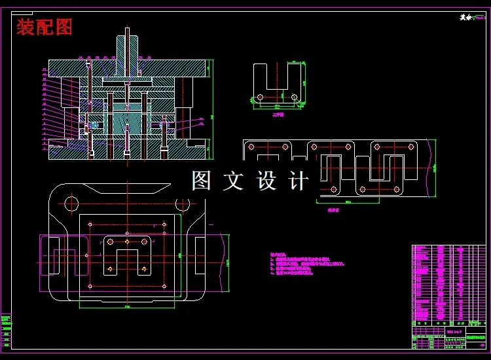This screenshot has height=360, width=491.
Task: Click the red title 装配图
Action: click(x=45, y=27)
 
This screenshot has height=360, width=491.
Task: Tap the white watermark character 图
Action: click(x=201, y=181)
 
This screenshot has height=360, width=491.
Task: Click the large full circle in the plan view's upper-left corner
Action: click(x=72, y=204)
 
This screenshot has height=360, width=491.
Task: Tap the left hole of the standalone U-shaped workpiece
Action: click(x=261, y=97)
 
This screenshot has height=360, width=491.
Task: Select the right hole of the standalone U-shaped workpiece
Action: click(x=294, y=97)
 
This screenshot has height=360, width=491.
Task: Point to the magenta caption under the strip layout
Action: click(x=333, y=211)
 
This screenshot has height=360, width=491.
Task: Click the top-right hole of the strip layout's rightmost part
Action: click(x=411, y=147)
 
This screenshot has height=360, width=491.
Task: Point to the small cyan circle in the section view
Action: click(x=94, y=124)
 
